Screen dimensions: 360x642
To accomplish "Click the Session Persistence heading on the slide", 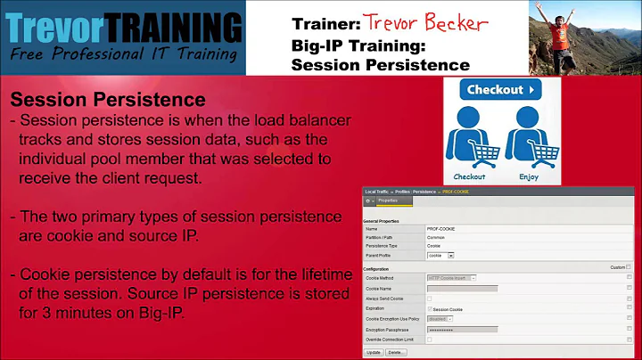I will (x=107, y=100).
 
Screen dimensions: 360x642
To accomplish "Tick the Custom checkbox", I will (x=629, y=267).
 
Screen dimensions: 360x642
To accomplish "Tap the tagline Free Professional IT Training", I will (x=125, y=54).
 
